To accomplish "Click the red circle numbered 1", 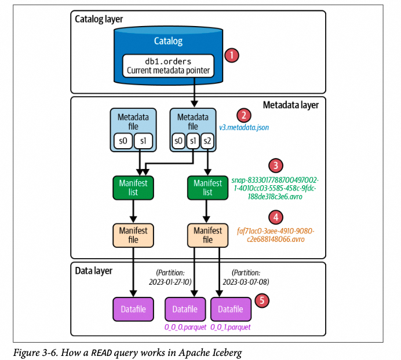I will pos(231,56).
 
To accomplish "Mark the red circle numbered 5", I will pos(262,300).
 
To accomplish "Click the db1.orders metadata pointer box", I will pos(168,67).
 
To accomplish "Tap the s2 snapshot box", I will pos(207,141).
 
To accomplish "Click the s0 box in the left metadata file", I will pos(123,141).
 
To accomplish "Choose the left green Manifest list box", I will pos(133,187).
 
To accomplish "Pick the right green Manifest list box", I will pos(207,187).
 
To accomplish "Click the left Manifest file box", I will pos(133,234).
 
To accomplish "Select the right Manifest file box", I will pos(207,234).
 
